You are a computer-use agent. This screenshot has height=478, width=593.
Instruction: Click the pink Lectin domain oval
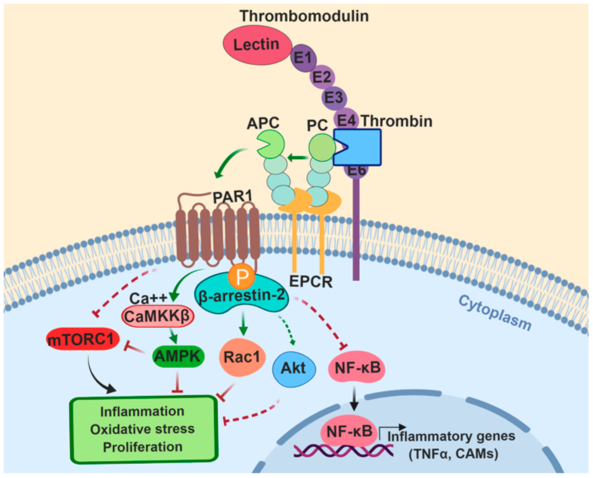[257, 45]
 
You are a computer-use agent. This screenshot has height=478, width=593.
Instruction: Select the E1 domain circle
[303, 58]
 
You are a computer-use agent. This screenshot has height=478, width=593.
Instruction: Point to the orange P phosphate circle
[241, 276]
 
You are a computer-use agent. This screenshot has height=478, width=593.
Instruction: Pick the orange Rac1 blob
[242, 357]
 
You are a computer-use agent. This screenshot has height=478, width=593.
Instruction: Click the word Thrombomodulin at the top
[304, 16]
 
